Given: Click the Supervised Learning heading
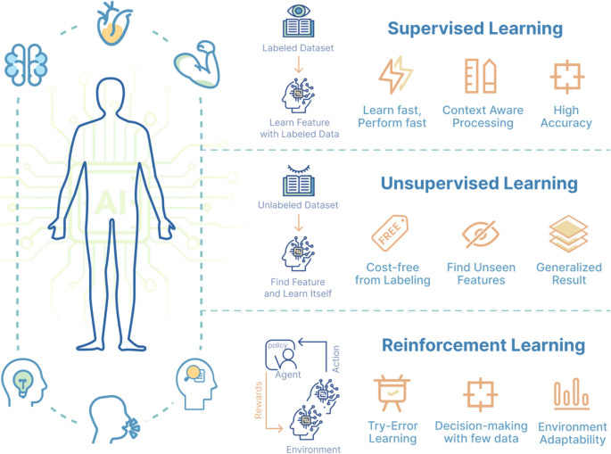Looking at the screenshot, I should click(475, 29).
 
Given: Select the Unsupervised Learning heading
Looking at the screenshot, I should click(479, 184).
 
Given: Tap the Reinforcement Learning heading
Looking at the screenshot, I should click(483, 344).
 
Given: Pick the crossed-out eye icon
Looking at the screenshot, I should click(480, 236).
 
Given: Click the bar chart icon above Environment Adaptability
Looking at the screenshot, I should click(568, 396).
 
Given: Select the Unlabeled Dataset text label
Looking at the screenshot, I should click(297, 205).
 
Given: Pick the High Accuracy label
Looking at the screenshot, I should click(566, 117).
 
